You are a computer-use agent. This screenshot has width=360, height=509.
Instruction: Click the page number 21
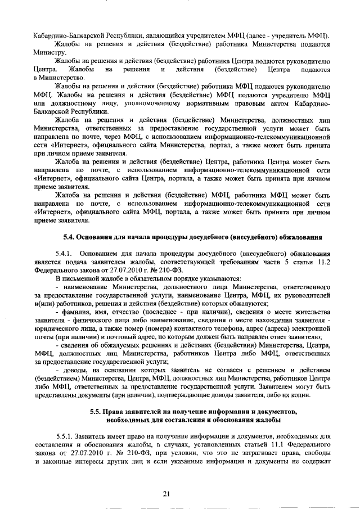point(166,493)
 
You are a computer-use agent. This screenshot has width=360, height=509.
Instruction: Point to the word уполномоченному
point(147,104)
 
